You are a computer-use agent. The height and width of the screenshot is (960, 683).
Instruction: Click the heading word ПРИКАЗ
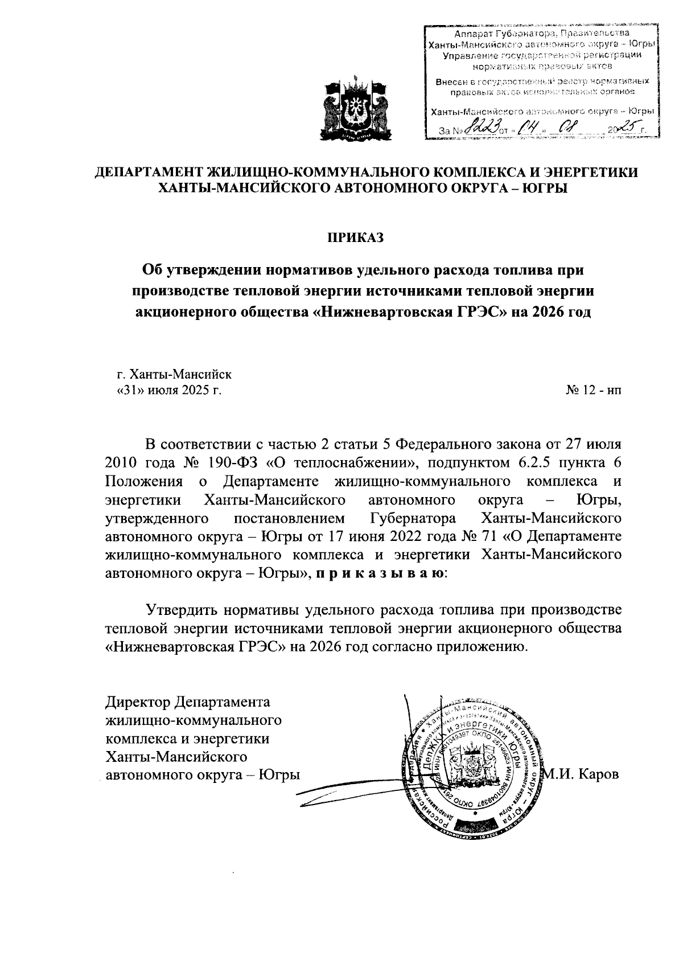point(355,237)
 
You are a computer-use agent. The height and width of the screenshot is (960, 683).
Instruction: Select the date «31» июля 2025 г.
point(168,391)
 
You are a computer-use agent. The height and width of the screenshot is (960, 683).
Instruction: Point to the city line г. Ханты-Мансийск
point(174,374)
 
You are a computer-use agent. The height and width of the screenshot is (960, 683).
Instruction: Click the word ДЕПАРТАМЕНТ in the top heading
point(152,172)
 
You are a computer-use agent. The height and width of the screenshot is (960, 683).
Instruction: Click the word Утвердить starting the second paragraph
point(181,610)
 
